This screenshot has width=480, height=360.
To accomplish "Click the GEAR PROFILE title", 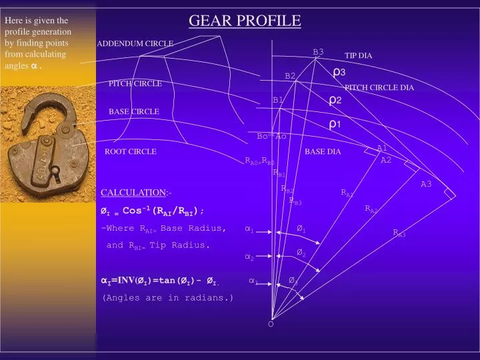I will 245,21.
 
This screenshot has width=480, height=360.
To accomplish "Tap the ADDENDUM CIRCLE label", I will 135,44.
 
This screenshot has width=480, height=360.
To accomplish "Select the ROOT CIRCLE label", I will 131,152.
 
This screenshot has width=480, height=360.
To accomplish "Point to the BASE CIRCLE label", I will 134,111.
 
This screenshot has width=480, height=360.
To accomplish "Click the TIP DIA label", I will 358,56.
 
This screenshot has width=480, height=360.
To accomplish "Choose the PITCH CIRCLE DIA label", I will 379,87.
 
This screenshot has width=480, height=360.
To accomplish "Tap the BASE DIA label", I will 323,152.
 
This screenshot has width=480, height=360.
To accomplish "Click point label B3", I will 318,52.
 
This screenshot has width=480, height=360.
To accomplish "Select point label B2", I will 290,76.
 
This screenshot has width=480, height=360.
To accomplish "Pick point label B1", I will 278,100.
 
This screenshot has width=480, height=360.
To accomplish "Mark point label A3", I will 426,184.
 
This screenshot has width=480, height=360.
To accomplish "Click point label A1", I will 382,148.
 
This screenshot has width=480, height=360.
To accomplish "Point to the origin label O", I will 271,324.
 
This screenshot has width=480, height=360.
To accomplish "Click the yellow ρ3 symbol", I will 339,72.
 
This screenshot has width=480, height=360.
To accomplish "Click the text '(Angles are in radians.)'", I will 168,298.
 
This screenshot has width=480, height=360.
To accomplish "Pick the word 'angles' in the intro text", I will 17,65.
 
